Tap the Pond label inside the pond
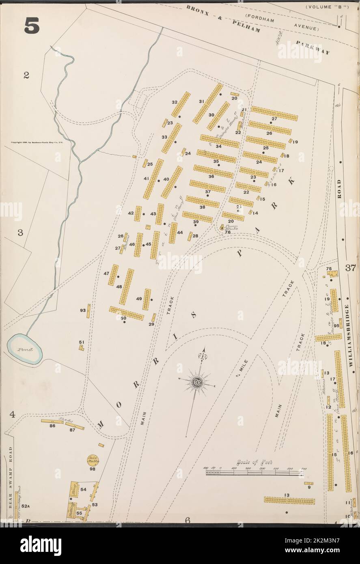pos(25,349)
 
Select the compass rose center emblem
pos(198,382)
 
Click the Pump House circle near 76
pos(222,228)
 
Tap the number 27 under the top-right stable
pos(274,118)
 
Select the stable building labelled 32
pos(181,104)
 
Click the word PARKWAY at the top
pos(313,47)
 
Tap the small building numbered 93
pos(88,311)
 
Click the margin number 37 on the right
pos(351,268)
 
